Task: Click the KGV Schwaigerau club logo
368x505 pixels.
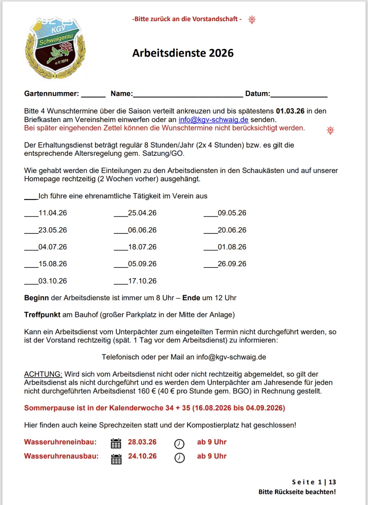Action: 55,48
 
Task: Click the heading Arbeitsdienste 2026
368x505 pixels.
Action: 183,53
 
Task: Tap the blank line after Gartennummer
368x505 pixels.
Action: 93,95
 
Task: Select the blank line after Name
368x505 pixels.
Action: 188,95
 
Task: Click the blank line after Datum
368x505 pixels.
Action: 299,95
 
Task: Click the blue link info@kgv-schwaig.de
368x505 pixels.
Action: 213,120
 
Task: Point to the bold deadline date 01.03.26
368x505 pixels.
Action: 290,111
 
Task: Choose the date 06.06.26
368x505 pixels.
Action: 142,230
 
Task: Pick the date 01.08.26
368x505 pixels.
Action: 232,247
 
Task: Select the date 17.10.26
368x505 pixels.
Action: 142,281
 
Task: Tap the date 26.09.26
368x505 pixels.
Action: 232,264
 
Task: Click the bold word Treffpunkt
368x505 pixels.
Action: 42,315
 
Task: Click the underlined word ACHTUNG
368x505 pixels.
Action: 43,374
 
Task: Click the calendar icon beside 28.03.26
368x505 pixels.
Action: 116,443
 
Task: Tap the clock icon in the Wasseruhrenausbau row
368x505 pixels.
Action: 180,458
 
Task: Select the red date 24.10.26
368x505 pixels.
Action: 142,456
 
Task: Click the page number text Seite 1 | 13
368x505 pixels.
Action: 314,482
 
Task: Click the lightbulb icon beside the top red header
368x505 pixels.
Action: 252,19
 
